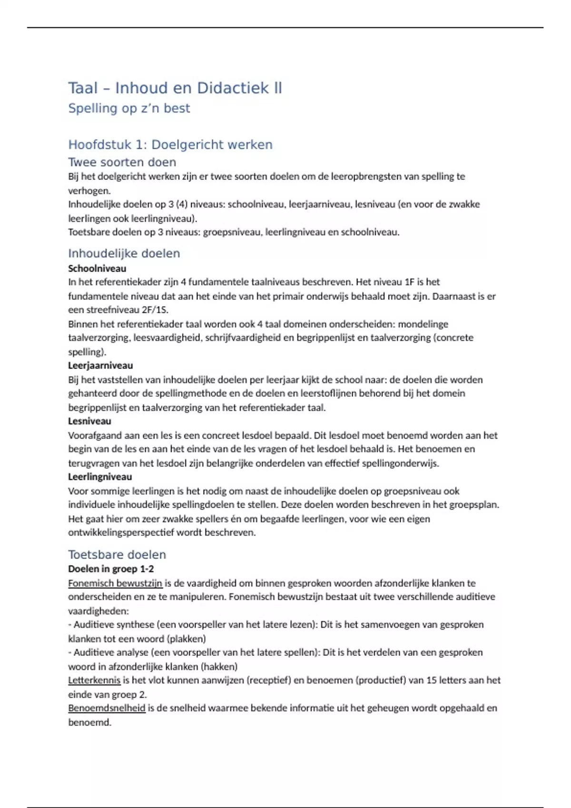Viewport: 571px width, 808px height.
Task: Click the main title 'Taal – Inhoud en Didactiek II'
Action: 175,88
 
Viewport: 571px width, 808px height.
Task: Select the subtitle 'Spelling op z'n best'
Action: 129,108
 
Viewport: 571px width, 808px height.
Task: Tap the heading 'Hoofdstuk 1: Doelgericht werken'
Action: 170,144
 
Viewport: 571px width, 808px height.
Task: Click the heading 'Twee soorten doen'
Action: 122,162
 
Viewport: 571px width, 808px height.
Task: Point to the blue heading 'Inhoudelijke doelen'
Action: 124,253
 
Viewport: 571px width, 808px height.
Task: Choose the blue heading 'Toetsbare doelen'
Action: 117,554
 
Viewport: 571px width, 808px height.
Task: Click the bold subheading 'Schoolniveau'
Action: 97,268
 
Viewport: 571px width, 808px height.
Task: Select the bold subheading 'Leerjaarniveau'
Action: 100,366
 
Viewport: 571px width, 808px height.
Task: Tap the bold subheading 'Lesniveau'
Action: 89,421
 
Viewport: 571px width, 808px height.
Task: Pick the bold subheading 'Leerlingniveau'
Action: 100,477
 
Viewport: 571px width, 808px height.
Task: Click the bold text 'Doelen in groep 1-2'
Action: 111,569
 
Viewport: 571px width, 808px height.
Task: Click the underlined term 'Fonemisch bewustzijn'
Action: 115,583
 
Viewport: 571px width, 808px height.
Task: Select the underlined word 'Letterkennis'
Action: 94,680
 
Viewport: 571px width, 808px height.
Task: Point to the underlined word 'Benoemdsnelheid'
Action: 107,708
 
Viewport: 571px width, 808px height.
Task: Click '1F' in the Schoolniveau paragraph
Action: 410,282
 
